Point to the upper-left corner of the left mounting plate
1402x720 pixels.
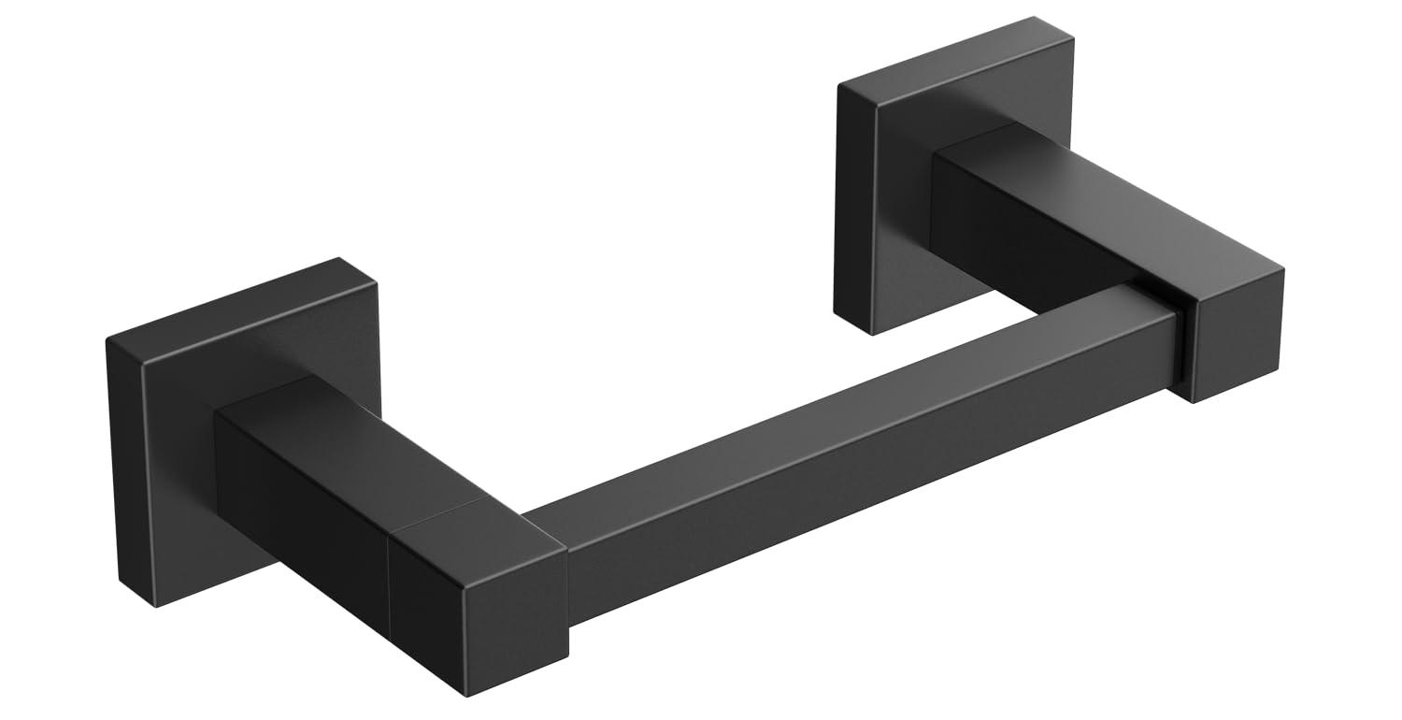coord(108,338)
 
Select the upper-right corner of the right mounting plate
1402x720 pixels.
coord(1034,19)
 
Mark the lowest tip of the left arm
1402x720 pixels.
coord(465,695)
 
